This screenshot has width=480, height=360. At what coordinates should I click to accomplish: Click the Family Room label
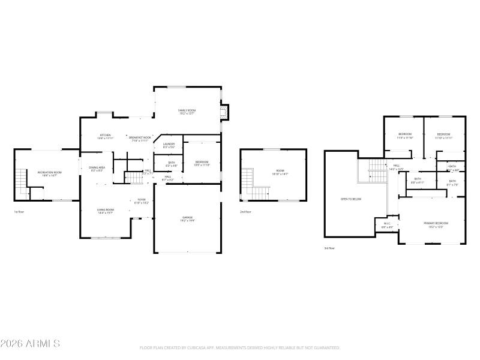(x=187, y=111)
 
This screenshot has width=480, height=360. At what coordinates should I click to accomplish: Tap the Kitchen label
(x=105, y=136)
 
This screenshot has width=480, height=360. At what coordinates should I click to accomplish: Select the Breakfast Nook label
(x=140, y=137)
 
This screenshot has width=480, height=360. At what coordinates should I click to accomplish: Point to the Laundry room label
(x=169, y=145)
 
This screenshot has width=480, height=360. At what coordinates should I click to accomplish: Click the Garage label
(x=187, y=218)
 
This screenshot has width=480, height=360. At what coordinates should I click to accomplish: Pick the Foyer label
(x=142, y=200)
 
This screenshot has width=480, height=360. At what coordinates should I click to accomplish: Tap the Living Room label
(x=106, y=210)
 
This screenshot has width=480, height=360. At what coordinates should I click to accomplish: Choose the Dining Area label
(x=97, y=168)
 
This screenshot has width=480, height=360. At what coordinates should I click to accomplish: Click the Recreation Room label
(x=50, y=173)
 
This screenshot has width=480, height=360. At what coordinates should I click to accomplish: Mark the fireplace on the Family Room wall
(x=224, y=112)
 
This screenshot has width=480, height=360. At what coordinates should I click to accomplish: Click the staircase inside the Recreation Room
(x=22, y=179)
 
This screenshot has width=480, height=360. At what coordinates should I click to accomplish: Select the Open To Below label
(x=351, y=199)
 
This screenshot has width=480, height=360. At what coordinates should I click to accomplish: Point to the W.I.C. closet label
(x=387, y=224)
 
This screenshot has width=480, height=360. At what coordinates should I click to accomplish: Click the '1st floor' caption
(x=19, y=212)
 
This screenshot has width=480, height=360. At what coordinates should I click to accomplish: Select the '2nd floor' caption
(x=245, y=212)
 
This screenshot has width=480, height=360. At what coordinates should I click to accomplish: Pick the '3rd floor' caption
(x=330, y=248)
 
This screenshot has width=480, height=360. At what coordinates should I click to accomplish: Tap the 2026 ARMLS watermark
(x=30, y=344)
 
